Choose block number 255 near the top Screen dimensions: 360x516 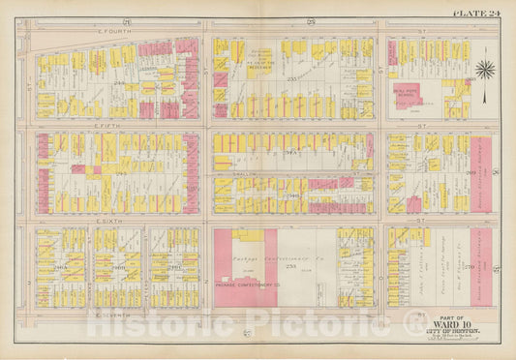[x=270, y=85]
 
